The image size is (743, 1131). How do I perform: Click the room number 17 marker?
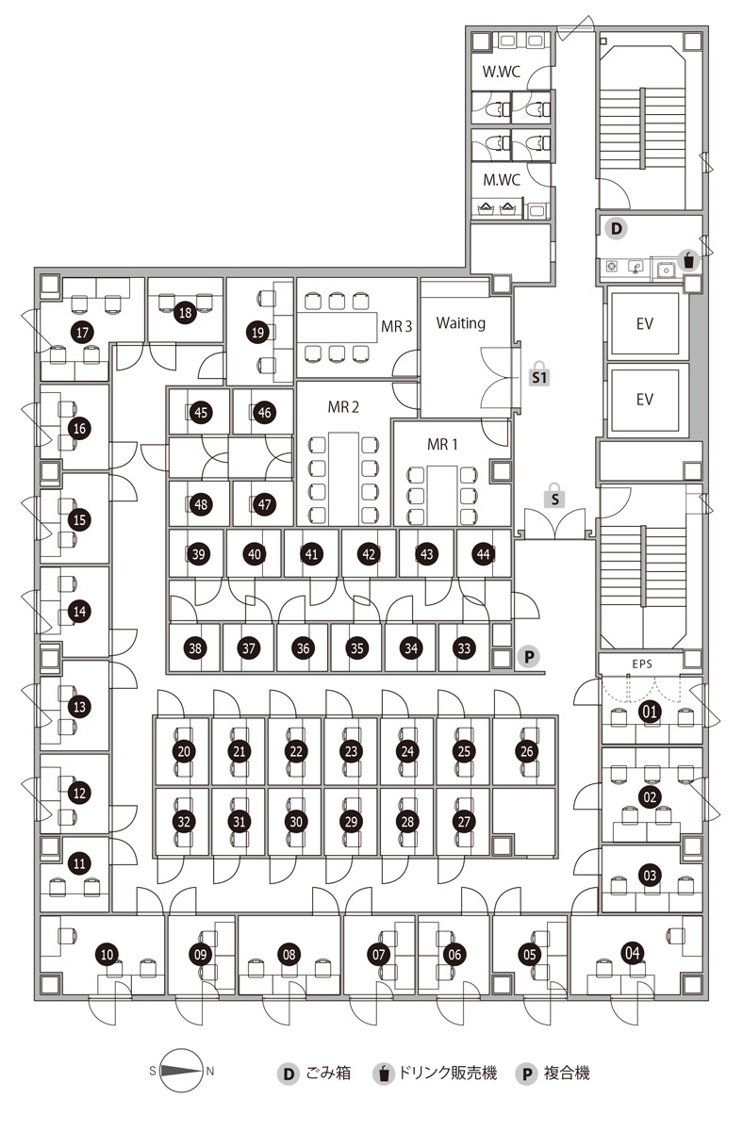pos(83,332)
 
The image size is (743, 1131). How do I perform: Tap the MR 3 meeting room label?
pos(397,327)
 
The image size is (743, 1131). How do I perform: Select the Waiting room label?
pos(461,322)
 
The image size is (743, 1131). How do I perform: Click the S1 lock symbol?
pos(539,373)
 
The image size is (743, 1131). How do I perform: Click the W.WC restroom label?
pos(502,72)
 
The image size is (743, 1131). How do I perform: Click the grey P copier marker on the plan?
pos(530,656)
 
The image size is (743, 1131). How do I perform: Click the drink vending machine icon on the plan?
pos(689,259)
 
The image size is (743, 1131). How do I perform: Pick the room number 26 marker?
pos(527,751)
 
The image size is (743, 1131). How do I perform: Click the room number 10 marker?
pos(107,955)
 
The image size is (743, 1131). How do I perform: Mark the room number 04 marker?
pos(633,953)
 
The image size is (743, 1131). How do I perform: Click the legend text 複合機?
pos(568,1073)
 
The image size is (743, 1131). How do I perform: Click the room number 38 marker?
pos(195,648)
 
